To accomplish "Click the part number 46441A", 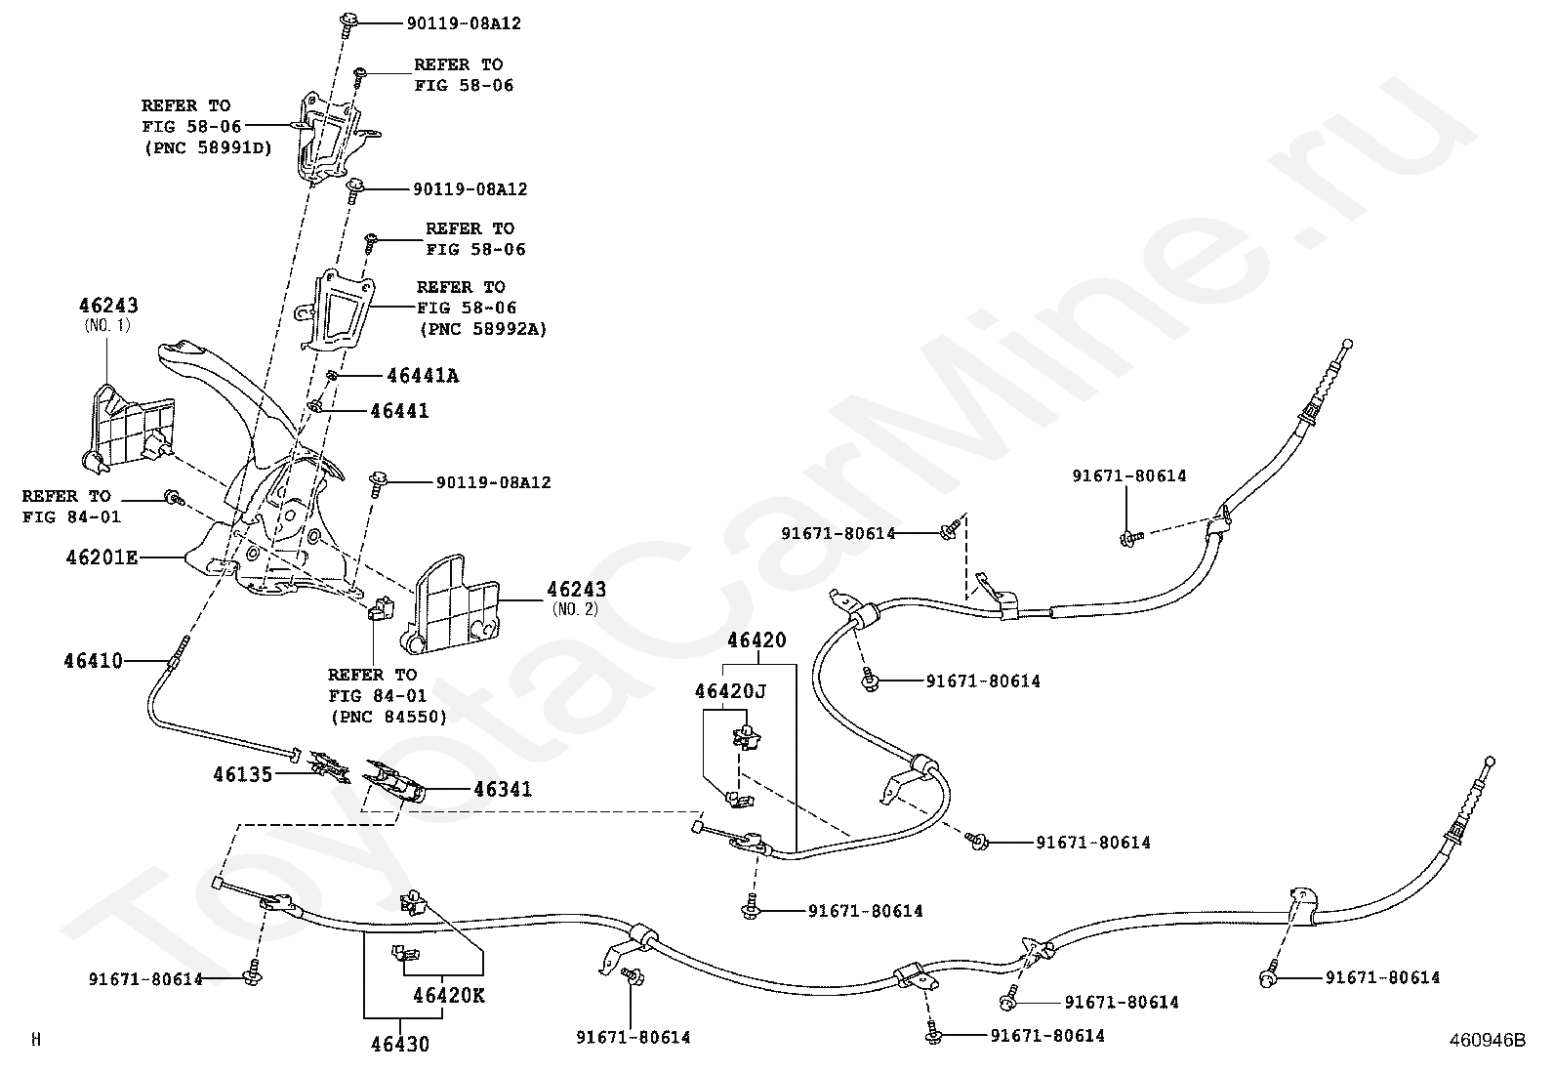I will (423, 375).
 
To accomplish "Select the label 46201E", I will (102, 557).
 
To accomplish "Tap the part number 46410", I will (94, 661).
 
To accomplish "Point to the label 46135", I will (244, 774).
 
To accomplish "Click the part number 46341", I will (503, 789).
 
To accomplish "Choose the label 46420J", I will (730, 691).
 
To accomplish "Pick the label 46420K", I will (448, 997).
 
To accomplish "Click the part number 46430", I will (399, 1044).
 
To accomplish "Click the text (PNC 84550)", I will (388, 717).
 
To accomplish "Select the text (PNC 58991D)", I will (207, 147).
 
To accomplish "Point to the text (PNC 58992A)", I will (482, 329).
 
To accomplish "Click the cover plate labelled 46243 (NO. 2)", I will (453, 606).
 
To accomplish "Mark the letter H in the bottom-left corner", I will (36, 1041).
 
